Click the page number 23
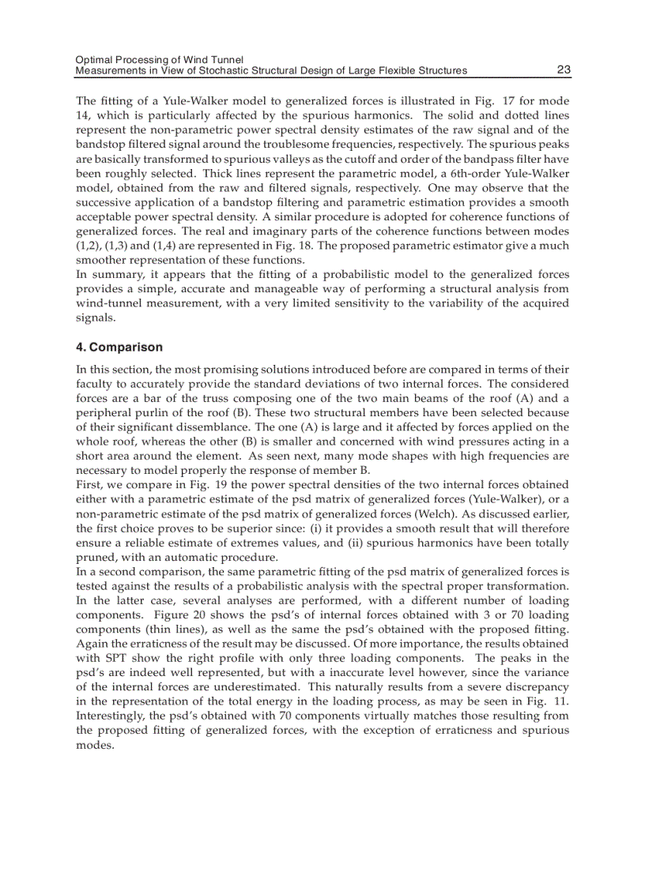[563, 70]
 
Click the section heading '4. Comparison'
[119, 348]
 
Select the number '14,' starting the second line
[83, 116]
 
